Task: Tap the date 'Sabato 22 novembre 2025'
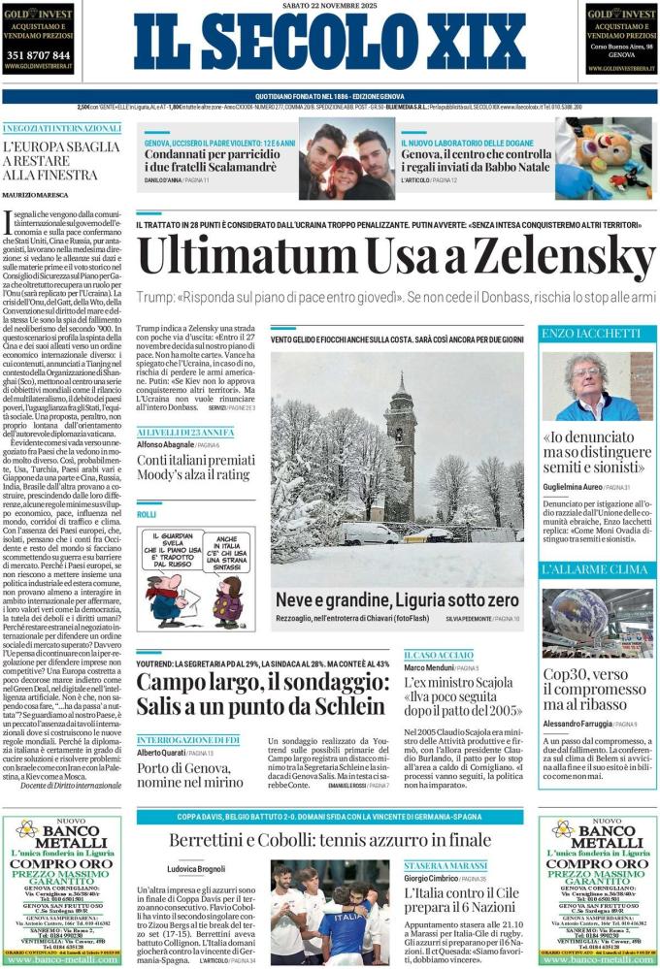[x=329, y=8]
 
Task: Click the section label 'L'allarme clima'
[x=595, y=569]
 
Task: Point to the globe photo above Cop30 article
[x=596, y=622]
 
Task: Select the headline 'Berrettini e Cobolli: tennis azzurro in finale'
[x=330, y=840]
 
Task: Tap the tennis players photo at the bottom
[x=330, y=912]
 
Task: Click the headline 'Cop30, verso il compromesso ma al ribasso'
[x=595, y=690]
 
